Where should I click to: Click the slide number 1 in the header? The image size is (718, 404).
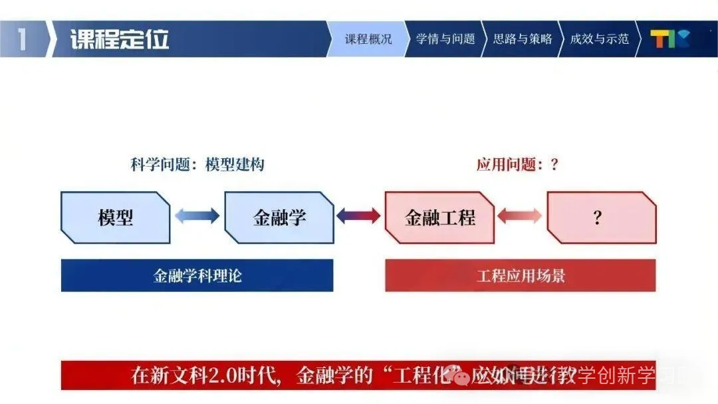click(x=22, y=39)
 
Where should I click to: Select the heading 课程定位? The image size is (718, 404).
click(x=120, y=39)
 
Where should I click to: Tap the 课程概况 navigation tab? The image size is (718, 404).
click(x=368, y=39)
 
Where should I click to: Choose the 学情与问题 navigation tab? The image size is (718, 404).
click(x=445, y=39)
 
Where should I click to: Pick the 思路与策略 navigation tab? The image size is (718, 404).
click(x=523, y=39)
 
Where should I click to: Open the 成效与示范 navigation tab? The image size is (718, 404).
click(x=599, y=39)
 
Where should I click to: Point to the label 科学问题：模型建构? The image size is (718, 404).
click(x=198, y=165)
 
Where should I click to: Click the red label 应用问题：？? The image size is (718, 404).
click(x=518, y=165)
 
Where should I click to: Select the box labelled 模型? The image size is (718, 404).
click(x=116, y=217)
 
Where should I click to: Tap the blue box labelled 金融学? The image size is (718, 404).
click(x=279, y=217)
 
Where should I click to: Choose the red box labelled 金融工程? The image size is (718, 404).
click(x=440, y=217)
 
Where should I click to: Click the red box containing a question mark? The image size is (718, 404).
click(x=601, y=217)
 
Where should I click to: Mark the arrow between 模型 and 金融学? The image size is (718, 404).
click(x=197, y=216)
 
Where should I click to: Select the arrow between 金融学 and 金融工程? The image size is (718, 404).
click(x=359, y=216)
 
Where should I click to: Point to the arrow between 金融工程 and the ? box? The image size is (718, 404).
click(x=520, y=216)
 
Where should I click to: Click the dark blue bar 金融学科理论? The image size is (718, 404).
click(x=197, y=276)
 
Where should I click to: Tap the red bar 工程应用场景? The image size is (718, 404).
click(x=520, y=276)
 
